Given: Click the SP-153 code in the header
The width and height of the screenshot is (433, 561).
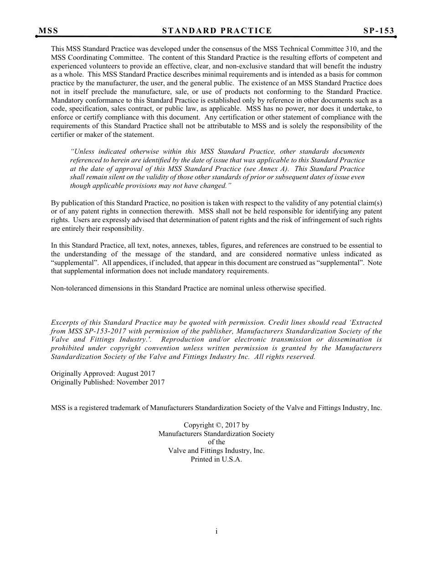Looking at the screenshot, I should (378, 31).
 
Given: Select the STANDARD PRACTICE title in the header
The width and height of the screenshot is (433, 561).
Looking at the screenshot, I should (217, 31).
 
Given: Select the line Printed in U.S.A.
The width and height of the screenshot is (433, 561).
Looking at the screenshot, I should (216, 459).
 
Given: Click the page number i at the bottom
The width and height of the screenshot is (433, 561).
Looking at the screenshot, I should (216, 531).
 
